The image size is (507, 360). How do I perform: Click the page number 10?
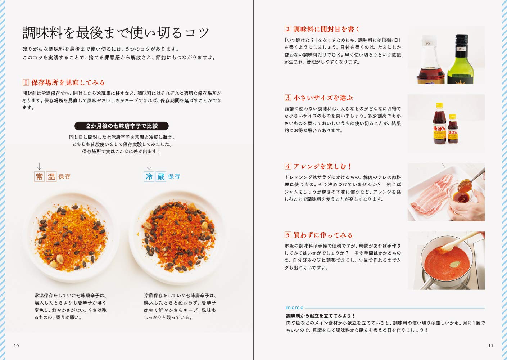[16, 346]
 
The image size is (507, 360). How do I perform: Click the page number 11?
[491, 346]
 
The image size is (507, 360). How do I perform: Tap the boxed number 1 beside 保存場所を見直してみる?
[26, 82]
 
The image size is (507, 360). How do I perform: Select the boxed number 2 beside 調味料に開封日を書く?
[288, 29]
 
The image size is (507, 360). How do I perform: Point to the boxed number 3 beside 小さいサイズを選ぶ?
[288, 98]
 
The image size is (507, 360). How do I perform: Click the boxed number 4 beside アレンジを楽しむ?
[288, 166]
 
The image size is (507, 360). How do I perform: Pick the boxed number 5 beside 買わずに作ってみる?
[288, 235]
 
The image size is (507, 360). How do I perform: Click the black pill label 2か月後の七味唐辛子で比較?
[122, 126]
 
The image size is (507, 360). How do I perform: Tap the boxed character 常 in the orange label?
[40, 176]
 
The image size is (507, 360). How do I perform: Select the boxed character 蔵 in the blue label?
[161, 176]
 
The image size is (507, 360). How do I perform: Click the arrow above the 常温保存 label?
[40, 166]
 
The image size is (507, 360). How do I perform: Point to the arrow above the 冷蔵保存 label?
[149, 166]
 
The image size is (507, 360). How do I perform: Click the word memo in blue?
[295, 307]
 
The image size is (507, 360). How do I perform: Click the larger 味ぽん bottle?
[439, 124]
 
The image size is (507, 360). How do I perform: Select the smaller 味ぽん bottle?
[453, 129]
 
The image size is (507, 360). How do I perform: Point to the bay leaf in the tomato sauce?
[454, 265]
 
